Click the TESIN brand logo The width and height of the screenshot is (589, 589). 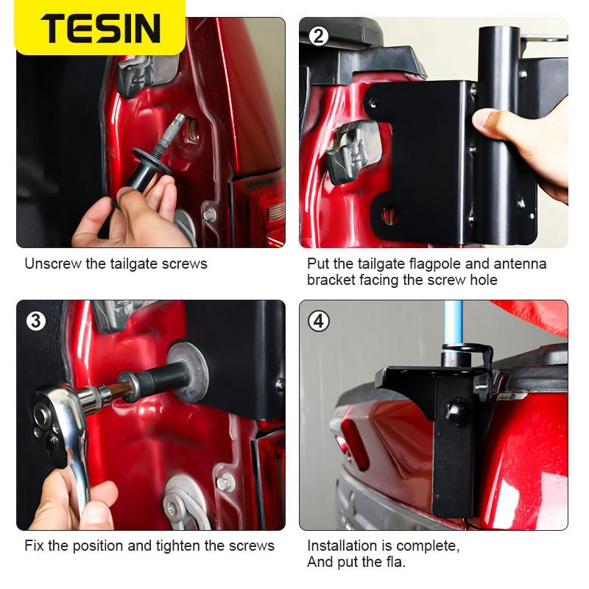click(101, 27)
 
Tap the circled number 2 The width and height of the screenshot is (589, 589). click(318, 36)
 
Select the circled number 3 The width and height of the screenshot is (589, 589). click(36, 321)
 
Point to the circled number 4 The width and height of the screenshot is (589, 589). click(319, 321)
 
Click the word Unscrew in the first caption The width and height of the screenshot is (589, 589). click(53, 264)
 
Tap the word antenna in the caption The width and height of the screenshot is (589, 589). click(520, 264)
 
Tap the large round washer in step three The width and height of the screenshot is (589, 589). click(187, 372)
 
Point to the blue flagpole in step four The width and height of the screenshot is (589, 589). click(453, 323)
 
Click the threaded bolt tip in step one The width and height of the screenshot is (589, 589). click(178, 119)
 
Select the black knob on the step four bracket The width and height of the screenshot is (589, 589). click(457, 412)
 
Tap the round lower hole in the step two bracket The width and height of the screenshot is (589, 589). click(391, 216)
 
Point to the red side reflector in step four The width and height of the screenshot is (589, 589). click(354, 445)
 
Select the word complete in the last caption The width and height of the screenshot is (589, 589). click(428, 546)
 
